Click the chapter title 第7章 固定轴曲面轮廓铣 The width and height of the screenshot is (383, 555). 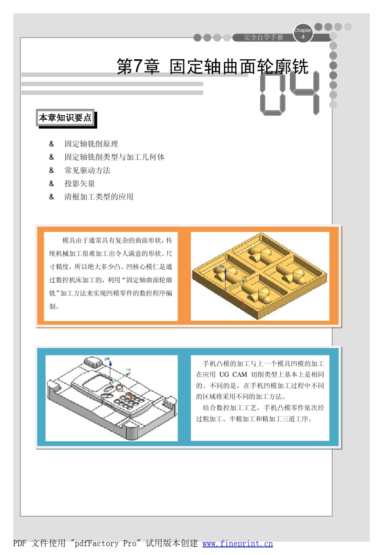click(x=212, y=67)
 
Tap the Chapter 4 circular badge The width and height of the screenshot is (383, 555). click(x=303, y=33)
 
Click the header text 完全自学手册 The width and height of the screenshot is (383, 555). click(x=263, y=38)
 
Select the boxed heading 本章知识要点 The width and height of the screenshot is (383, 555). click(x=65, y=118)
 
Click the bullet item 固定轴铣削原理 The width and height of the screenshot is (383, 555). click(x=91, y=144)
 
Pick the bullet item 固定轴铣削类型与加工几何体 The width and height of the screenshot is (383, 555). click(x=114, y=157)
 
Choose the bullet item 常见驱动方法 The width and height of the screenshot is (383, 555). click(x=87, y=171)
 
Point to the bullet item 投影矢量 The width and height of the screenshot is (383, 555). click(x=80, y=184)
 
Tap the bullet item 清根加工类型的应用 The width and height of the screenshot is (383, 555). click(x=99, y=197)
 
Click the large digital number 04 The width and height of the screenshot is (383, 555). click(x=289, y=94)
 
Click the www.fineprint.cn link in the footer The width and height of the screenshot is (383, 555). click(x=237, y=544)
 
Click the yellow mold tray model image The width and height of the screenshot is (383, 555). click(x=260, y=276)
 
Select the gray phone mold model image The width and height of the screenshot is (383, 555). click(x=112, y=398)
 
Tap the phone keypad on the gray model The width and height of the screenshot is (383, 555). click(x=127, y=400)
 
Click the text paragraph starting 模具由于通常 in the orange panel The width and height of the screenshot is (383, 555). click(x=110, y=273)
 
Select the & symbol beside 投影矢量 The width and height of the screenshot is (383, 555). click(x=52, y=184)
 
